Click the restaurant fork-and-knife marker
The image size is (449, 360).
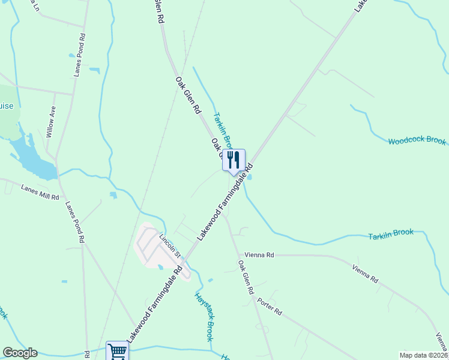pos(234,160)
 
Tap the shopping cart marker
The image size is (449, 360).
pos(117,351)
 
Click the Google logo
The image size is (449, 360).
pos(20,353)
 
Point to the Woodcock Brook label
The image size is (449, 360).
pos(417,141)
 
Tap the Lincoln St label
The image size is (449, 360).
pos(170,246)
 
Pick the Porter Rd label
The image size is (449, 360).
pos(269,306)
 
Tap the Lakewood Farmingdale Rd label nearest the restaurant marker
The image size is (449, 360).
pos(225,203)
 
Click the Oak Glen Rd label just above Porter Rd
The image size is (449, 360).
pos(246,277)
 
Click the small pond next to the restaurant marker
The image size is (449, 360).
pos(249,176)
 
